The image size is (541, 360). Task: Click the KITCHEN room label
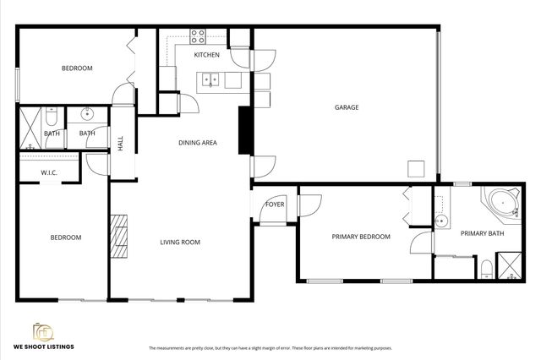tap(206, 55)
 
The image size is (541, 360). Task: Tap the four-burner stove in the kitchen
tap(198, 35)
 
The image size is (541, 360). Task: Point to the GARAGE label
tap(347, 107)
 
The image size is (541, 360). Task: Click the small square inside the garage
tap(415, 167)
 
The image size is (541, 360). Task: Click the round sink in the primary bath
tap(440, 221)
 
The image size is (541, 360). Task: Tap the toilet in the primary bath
tap(485, 270)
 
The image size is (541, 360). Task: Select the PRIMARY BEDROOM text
tap(360, 237)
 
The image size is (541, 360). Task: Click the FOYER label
tap(275, 205)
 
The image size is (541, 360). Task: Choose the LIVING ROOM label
tap(180, 243)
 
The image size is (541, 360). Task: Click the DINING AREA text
tap(197, 143)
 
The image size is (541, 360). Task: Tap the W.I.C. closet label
tap(48, 173)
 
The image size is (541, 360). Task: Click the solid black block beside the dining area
tap(245, 130)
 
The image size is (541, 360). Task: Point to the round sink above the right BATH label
tap(86, 113)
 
